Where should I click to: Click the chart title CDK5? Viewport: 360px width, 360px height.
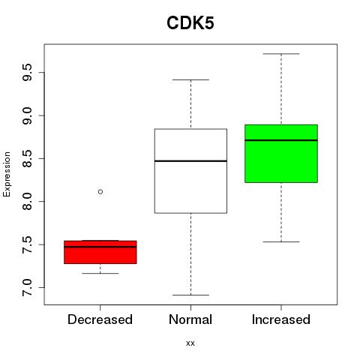coord(190,23)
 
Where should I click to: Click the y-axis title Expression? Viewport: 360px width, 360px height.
coord(7,174)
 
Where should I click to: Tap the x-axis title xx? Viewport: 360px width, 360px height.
coord(190,343)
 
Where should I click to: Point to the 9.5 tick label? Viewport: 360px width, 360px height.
coord(27,73)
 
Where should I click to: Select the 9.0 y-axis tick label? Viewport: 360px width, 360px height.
coord(27,115)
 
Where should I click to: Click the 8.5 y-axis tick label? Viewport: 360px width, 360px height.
coord(27,158)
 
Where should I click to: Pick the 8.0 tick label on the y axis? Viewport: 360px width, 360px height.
coord(27,202)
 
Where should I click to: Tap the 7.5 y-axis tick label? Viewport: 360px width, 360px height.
coord(27,244)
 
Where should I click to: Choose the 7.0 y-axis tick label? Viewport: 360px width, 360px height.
coord(27,287)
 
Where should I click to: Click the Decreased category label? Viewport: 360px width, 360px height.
coord(100,319)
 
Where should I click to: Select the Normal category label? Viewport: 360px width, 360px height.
coord(190,319)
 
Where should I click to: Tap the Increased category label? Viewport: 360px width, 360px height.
coord(281,319)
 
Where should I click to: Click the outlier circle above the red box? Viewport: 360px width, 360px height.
coord(100,192)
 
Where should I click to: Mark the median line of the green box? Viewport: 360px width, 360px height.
coord(281,140)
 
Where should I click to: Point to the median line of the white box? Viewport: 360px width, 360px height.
coord(190,161)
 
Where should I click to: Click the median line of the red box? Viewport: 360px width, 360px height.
coord(100,247)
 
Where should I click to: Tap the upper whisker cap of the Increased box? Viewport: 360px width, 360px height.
coord(281,54)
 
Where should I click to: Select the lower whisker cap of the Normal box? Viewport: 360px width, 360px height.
coord(190,295)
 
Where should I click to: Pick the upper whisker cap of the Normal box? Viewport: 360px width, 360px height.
coord(190,79)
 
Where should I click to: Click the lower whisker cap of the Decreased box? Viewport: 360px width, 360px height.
coord(100,273)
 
